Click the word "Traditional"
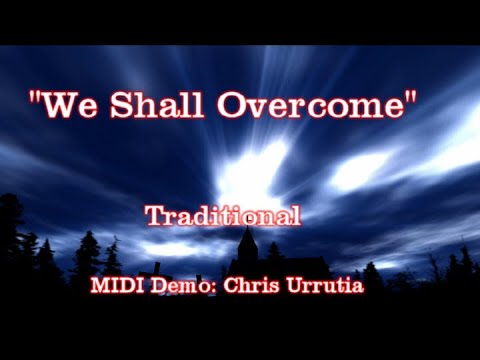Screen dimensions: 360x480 point(221,215)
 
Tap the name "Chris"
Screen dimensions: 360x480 point(249,284)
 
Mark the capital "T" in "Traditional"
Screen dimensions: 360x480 point(153,215)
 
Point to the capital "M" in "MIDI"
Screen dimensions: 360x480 point(100,284)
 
